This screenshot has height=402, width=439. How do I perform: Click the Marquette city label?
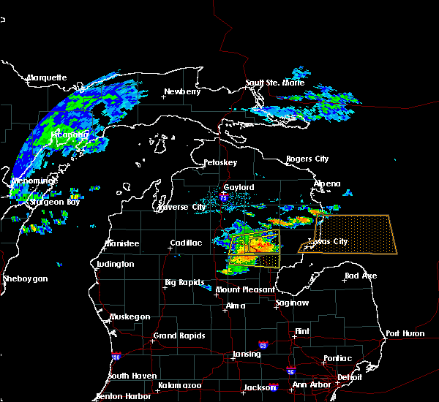(x=47, y=77)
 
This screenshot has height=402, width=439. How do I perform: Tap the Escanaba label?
(x=70, y=134)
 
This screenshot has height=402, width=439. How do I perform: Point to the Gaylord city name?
(x=239, y=187)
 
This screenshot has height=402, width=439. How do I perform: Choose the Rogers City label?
(x=307, y=159)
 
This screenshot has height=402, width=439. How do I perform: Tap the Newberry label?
(x=182, y=91)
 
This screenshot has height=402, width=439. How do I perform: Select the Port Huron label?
(x=405, y=333)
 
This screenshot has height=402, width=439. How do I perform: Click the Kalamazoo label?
(x=180, y=384)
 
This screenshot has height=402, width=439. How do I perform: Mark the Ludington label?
(x=115, y=263)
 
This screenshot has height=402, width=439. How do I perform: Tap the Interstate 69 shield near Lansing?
(x=263, y=344)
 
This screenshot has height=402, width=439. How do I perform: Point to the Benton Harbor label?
(x=122, y=397)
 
